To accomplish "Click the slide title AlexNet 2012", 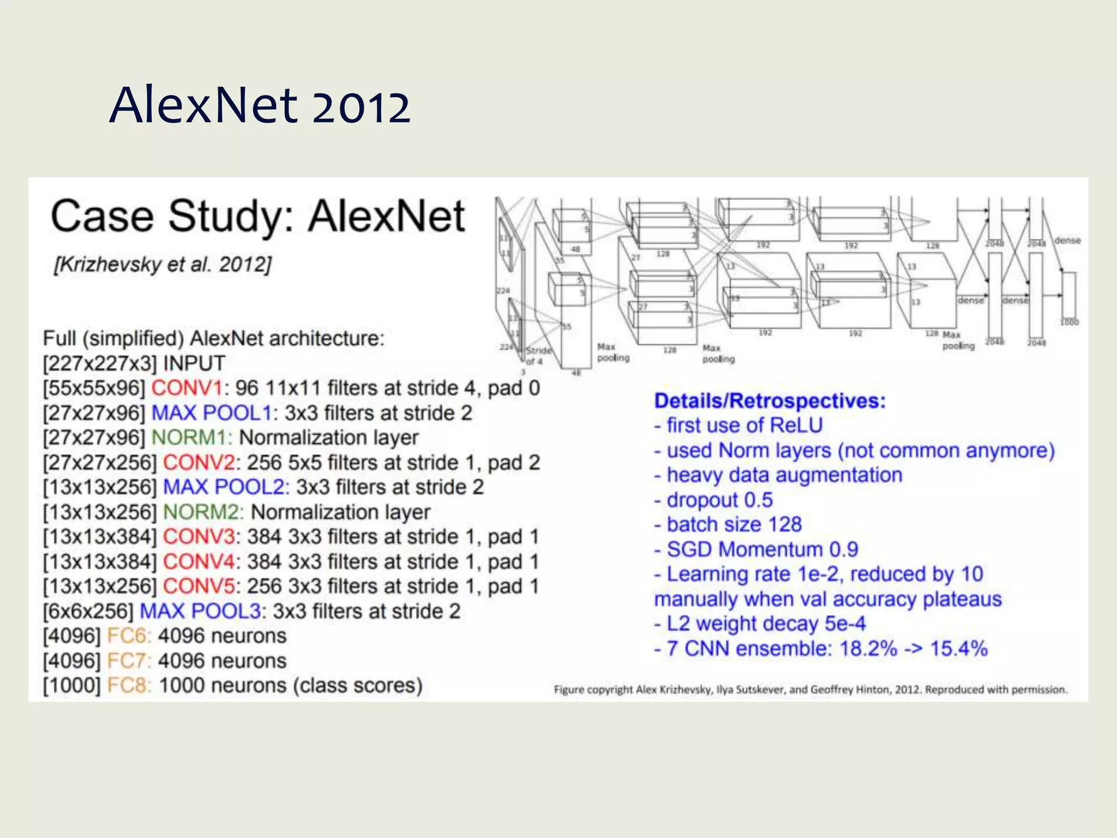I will coord(260,105).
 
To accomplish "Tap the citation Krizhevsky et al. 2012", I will coord(163,265).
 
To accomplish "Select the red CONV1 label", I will coord(187,388).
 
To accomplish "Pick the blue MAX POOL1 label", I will coord(211,413).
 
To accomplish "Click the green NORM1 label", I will coord(191,438).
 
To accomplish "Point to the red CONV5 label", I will coord(199,586).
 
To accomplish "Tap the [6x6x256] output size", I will coord(88,611).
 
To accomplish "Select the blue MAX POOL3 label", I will coord(200,611).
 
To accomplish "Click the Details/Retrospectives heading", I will coord(770,401).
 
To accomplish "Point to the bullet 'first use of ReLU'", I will coord(739,426).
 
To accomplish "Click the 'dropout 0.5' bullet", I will coord(714,500).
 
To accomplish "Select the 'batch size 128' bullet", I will coord(729,525).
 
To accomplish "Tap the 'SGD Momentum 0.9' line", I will coord(756,549).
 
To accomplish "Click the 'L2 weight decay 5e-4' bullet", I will coord(760,624).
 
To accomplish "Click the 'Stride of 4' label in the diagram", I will coord(537,356).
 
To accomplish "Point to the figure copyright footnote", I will coord(810,690).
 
